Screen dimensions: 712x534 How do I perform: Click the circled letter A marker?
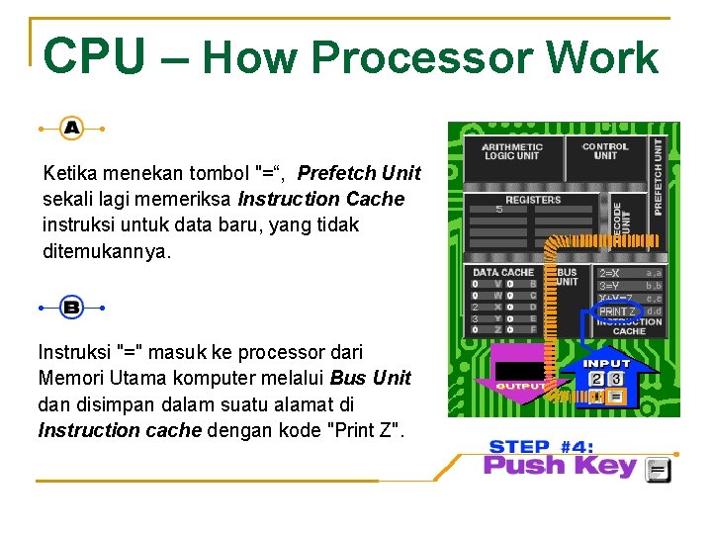[x=71, y=128]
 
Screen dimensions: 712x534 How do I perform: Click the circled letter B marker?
[x=71, y=308]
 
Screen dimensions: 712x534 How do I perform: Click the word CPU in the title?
[x=94, y=57]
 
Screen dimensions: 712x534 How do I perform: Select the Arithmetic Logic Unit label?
[x=511, y=151]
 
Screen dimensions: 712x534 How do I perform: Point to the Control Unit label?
[x=605, y=151]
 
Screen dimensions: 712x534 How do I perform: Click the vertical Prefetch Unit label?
[x=660, y=177]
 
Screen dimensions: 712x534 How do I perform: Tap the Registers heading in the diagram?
[x=533, y=200]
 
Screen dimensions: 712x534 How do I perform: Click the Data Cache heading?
[x=502, y=272]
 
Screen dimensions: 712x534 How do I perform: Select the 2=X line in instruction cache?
[x=609, y=272]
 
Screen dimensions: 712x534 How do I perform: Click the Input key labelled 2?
[x=596, y=379]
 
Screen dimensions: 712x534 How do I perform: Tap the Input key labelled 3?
[x=616, y=379]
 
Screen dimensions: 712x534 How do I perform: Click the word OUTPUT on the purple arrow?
[x=520, y=386]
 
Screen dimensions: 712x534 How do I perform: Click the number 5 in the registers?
[x=499, y=209]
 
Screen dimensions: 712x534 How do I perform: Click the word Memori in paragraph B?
[x=68, y=378]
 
